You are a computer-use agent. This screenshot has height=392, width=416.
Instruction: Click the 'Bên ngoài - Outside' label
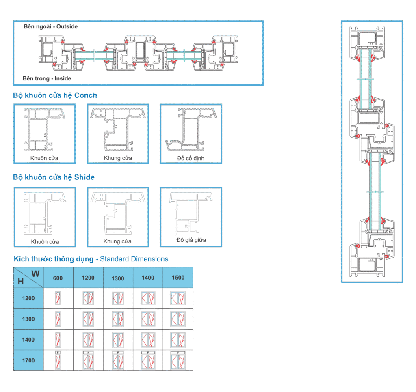[x=50, y=26]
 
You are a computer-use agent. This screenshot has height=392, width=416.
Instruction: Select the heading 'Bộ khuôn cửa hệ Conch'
[x=55, y=95]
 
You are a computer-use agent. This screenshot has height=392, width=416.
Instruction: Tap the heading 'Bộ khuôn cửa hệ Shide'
[x=54, y=177]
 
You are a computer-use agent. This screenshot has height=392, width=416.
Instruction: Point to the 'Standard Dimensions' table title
[x=91, y=259]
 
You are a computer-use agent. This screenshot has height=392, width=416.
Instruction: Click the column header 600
[x=58, y=278]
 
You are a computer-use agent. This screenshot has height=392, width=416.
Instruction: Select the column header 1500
[x=178, y=278]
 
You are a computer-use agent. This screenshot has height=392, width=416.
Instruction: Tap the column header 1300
[x=118, y=278]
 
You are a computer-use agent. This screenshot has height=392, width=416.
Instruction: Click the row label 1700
[x=28, y=360]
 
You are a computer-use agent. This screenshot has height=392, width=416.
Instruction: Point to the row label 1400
[x=28, y=340]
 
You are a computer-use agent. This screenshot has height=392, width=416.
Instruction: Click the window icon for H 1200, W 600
[x=58, y=298]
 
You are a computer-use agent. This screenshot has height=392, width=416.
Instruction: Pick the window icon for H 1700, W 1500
[x=178, y=360]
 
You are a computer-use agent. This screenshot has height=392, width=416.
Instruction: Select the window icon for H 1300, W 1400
[x=148, y=319]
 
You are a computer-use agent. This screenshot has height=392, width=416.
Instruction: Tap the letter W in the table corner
[x=35, y=274]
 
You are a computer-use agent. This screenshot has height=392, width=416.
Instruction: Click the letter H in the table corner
[x=21, y=281]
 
